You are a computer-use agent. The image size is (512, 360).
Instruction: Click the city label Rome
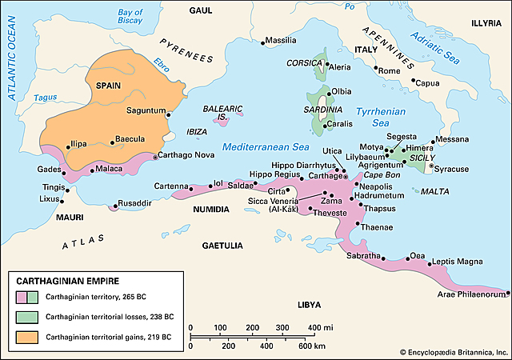click(389, 71)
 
